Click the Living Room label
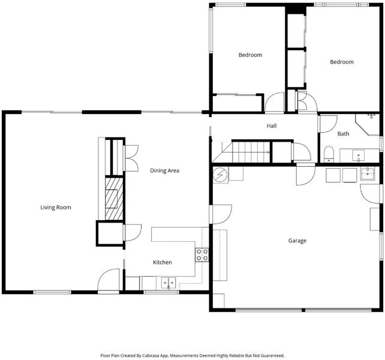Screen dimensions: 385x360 coord(56,208)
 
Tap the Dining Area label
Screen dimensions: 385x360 coord(164,170)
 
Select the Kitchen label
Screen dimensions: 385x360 coord(163,262)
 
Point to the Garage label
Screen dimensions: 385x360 coord(297,241)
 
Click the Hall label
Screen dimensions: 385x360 coord(272,126)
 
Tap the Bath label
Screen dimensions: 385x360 coord(343,134)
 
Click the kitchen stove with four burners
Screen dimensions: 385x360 coord(202,255)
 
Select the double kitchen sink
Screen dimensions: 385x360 coord(169,283)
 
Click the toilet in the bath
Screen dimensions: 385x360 coord(329,154)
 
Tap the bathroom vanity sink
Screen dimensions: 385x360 coord(359,155)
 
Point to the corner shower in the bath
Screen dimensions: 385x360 coord(368,124)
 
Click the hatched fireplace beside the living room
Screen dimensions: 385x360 coord(114,199)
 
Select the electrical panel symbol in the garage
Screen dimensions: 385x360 coord(220,175)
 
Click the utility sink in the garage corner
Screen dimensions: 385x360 coord(368,173)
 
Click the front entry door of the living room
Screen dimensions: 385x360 coord(109,280)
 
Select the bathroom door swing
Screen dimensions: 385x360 coord(328,124)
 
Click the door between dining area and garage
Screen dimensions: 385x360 coord(221,214)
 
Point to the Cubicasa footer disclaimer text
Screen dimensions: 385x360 coord(192,355)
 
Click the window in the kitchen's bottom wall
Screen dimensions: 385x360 coord(161,292)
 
